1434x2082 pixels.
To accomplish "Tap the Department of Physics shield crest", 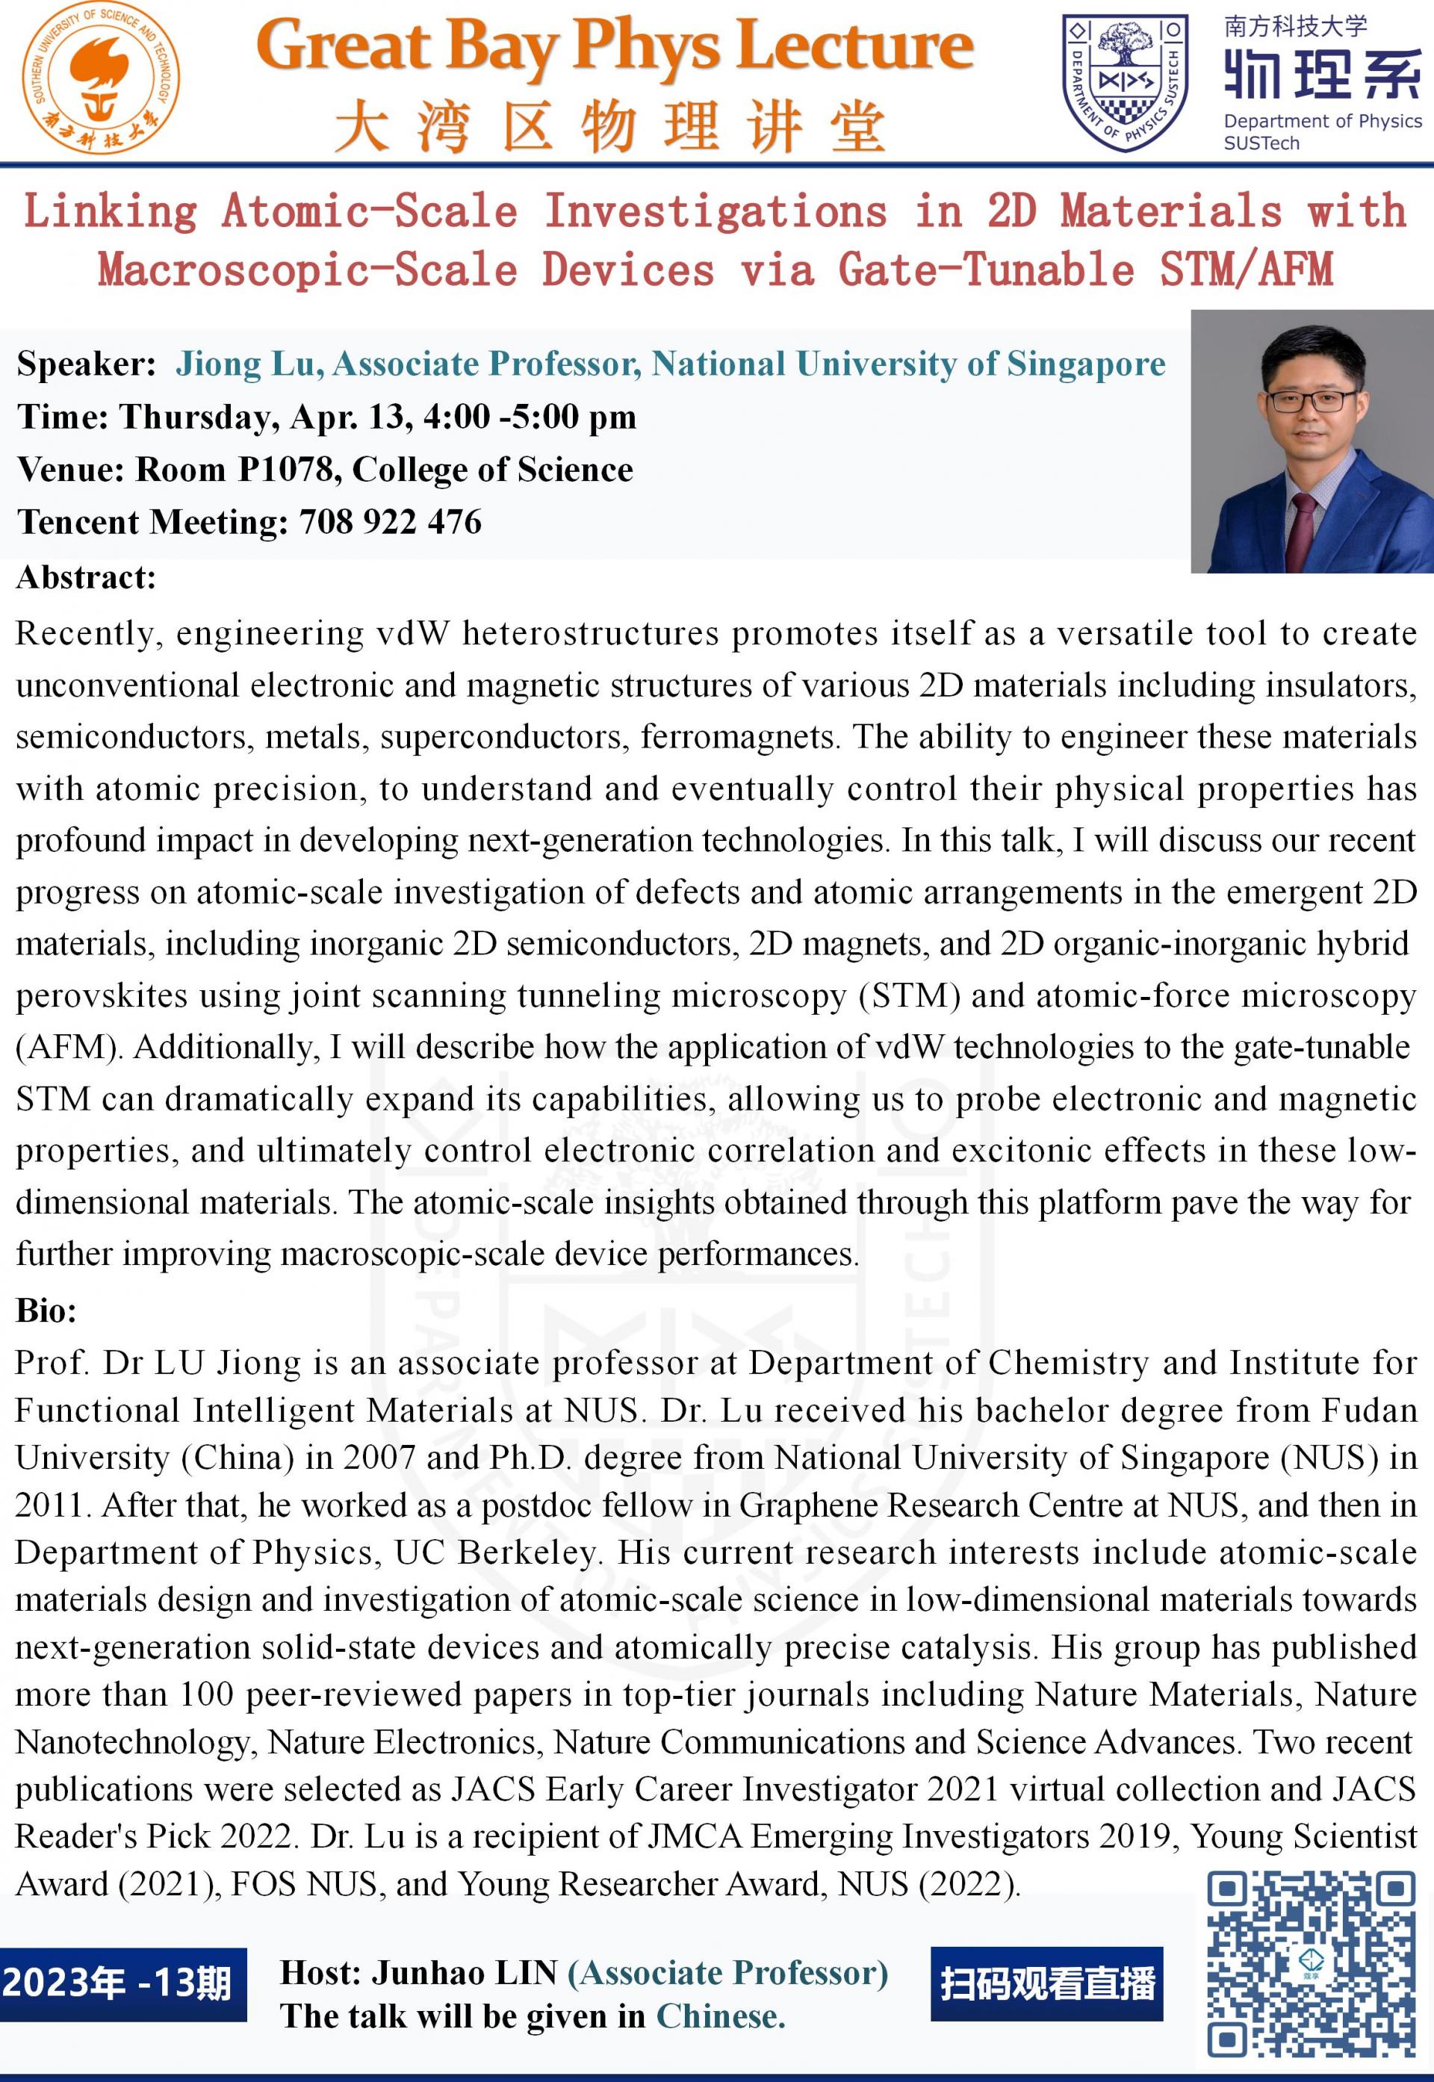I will point(1124,83).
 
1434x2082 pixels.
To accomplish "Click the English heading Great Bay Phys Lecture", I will point(615,47).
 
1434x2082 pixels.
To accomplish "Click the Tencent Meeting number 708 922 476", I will point(390,522).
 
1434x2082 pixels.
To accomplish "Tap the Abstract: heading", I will point(86,577).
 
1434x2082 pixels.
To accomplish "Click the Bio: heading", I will point(47,1311).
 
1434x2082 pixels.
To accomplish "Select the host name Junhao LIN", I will point(465,1972).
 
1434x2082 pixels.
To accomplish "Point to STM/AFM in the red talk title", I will point(1247,270).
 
